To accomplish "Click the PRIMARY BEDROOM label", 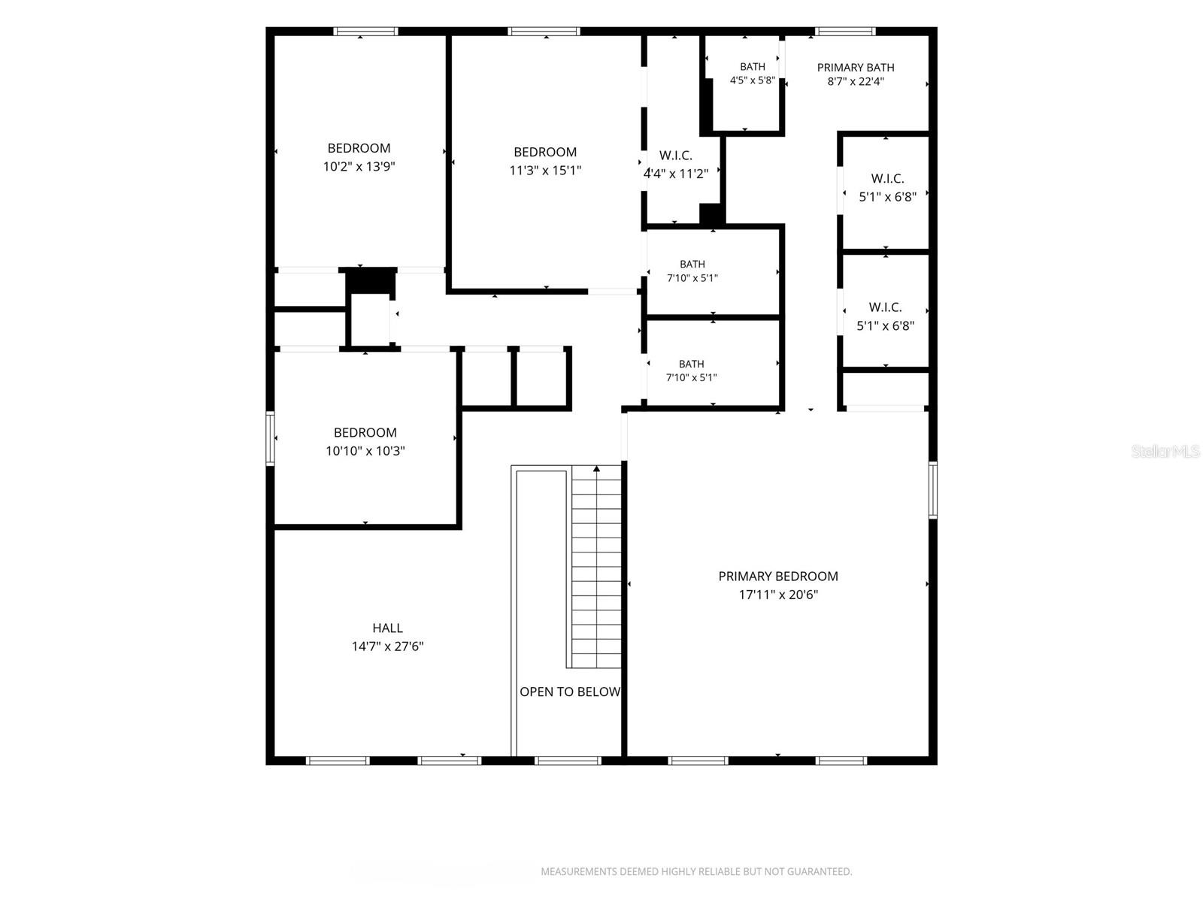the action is coord(777,576).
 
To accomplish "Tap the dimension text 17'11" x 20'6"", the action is coord(777,595).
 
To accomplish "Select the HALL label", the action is coord(387,628).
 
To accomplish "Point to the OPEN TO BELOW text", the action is coord(569,692).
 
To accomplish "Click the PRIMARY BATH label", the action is coord(856,68).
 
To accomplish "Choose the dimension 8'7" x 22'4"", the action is coord(856,82).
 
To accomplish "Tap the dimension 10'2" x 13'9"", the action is coord(359,166).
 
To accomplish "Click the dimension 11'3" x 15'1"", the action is coord(545,171).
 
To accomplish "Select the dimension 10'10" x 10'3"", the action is coord(365,451).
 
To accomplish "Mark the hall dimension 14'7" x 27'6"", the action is coord(387,646).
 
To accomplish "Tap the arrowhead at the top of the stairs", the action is coord(596,468).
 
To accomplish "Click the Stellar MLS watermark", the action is coord(1165,451).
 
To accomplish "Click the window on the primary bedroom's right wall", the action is coord(933,489).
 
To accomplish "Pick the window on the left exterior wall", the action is coord(270,439).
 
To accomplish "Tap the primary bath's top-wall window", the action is coord(845,32).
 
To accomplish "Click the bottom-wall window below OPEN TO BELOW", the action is coord(568,761).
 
